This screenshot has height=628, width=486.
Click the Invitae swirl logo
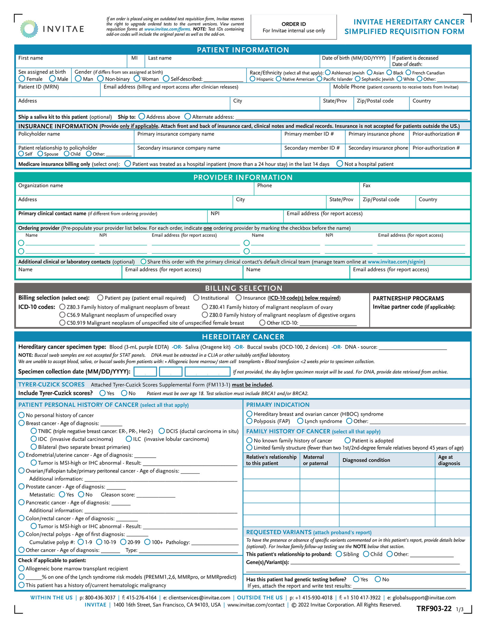tap(29, 29)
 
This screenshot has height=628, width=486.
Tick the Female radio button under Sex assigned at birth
tap(22, 79)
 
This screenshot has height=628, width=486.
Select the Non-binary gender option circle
tap(100, 79)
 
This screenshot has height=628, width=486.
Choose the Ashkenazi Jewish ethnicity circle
tap(327, 73)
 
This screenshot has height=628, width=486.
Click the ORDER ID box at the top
tap(293, 27)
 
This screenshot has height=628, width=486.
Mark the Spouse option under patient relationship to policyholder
tap(40, 154)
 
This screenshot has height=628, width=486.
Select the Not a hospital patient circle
tap(340, 164)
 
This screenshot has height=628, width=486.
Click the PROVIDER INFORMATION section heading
tap(243, 177)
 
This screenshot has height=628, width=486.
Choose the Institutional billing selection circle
tap(196, 298)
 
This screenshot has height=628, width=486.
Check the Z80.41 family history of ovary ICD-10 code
tap(205, 307)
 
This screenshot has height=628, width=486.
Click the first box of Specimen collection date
tap(145, 371)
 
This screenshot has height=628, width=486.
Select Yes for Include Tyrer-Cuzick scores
tap(102, 393)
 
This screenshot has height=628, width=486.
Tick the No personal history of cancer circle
tap(21, 415)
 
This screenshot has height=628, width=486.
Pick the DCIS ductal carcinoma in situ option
tap(161, 431)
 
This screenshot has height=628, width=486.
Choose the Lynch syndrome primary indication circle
tap(300, 421)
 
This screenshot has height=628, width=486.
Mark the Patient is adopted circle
tap(348, 440)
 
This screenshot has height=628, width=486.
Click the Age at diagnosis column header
tap(449, 460)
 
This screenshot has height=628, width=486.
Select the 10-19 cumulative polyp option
tap(99, 542)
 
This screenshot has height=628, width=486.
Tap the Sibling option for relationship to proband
tap(339, 554)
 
